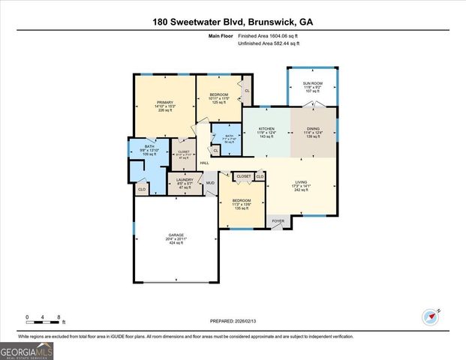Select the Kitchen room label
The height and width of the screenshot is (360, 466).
pyautogui.click(x=266, y=128)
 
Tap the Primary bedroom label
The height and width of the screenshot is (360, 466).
pyautogui.click(x=165, y=102)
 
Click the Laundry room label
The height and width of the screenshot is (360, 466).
pyautogui.click(x=185, y=179)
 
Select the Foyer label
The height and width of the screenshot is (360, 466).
pyautogui.click(x=278, y=221)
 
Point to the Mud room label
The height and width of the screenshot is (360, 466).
pyautogui.click(x=210, y=182)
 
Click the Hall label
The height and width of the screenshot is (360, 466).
pyautogui.click(x=203, y=163)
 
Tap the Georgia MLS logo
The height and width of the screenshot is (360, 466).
pyautogui.click(x=27, y=350)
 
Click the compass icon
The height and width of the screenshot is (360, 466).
pyautogui.click(x=430, y=317)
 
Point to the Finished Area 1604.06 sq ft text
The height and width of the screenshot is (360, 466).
pyautogui.click(x=269, y=36)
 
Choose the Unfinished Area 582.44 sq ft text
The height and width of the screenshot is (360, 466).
pyautogui.click(x=269, y=43)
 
